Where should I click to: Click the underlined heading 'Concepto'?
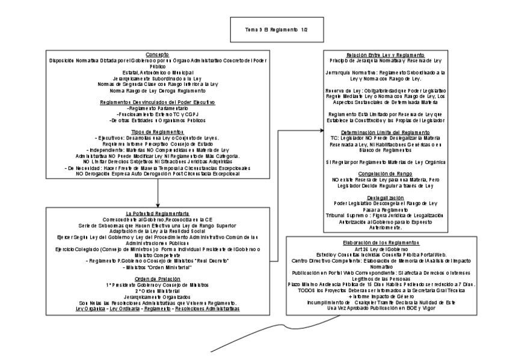pos(158,54)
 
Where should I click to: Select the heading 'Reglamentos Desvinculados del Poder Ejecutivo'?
pos(158,102)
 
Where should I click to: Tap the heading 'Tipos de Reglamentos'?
pos(158,131)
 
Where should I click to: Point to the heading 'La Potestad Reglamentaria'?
pos(158,213)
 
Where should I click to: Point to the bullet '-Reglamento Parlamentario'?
pos(158,108)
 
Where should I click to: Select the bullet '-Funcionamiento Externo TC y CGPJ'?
pos(158,114)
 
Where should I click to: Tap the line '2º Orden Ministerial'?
pos(158,290)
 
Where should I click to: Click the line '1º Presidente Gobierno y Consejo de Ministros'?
pos(158,284)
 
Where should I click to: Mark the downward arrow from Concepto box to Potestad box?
pos(158,192)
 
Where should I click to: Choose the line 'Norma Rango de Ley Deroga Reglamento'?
pos(158,91)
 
